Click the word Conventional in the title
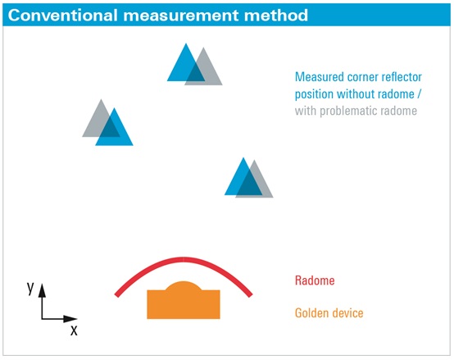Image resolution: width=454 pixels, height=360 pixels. pyautogui.click(x=63, y=15)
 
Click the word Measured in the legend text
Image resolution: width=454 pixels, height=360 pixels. pyautogui.click(x=319, y=77)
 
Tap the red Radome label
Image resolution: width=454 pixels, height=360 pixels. pyautogui.click(x=315, y=280)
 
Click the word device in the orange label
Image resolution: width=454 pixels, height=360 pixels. pyautogui.click(x=347, y=313)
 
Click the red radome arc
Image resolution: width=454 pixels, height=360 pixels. pyautogui.click(x=184, y=259)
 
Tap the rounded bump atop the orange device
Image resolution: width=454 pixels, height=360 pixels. pyautogui.click(x=184, y=285)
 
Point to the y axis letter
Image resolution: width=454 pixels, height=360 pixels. pyautogui.click(x=30, y=289)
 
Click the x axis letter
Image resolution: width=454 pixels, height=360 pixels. pyautogui.click(x=74, y=330)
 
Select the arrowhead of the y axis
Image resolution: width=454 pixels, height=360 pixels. pyautogui.click(x=43, y=290)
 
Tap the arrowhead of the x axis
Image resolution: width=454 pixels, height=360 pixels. pyautogui.click(x=70, y=319)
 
